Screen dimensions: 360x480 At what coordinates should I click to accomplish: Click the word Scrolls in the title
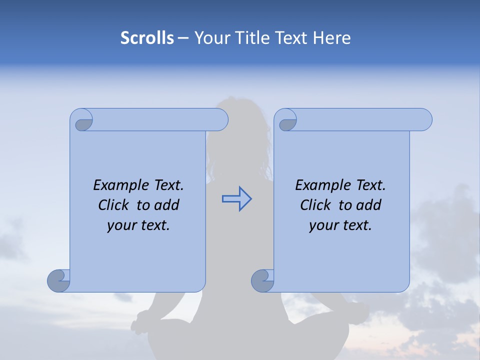(147, 38)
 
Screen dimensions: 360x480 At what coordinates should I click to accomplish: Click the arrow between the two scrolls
(236, 199)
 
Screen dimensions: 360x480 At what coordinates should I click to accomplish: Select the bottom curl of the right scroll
(263, 280)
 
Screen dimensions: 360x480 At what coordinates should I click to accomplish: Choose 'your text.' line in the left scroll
(138, 225)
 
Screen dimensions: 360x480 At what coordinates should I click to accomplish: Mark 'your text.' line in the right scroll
(340, 225)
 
